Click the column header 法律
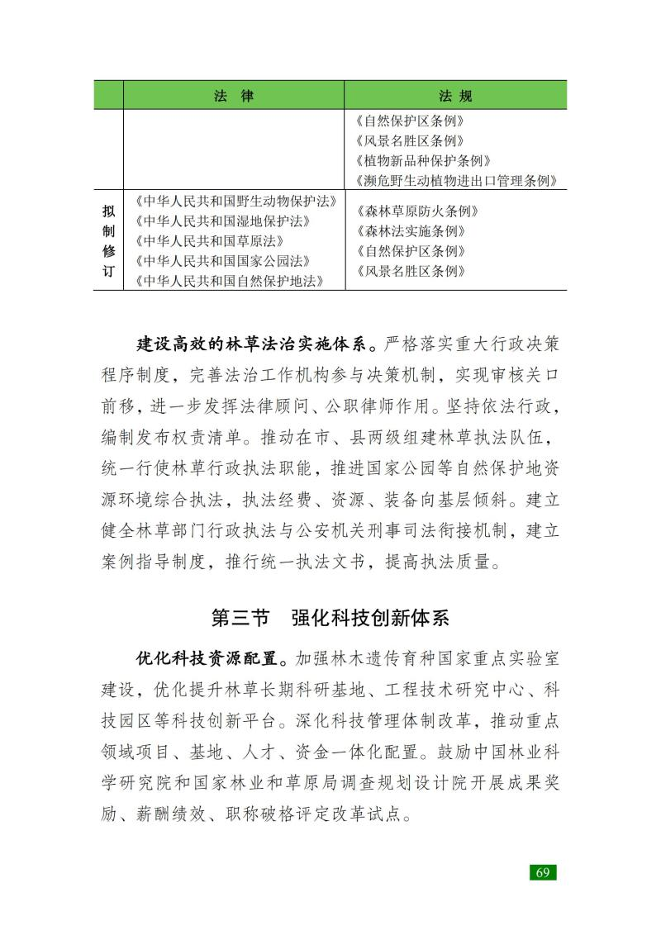pos(234,95)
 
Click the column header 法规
pos(455,95)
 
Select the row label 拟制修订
pos(108,240)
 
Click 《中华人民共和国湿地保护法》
pos(221,221)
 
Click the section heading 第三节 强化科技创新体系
pos(330,618)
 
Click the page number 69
pos(543,872)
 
